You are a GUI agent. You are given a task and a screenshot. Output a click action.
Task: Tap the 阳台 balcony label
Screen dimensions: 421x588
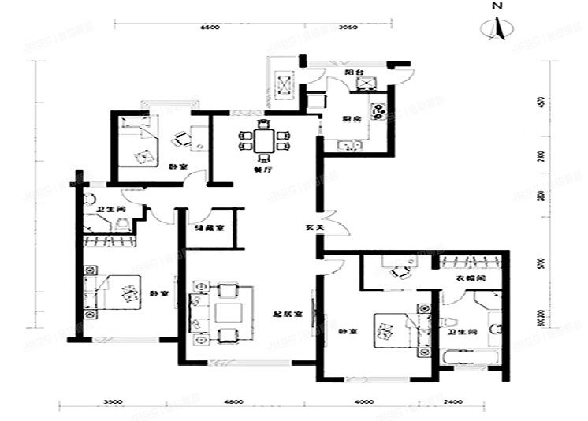[x=352, y=72]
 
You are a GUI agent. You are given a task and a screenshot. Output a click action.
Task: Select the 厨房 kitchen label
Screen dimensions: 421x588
[x=352, y=118]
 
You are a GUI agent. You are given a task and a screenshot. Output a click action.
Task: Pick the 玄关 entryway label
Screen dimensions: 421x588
[x=314, y=229]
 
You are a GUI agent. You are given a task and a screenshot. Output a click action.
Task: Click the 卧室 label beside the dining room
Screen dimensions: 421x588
[x=177, y=166]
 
